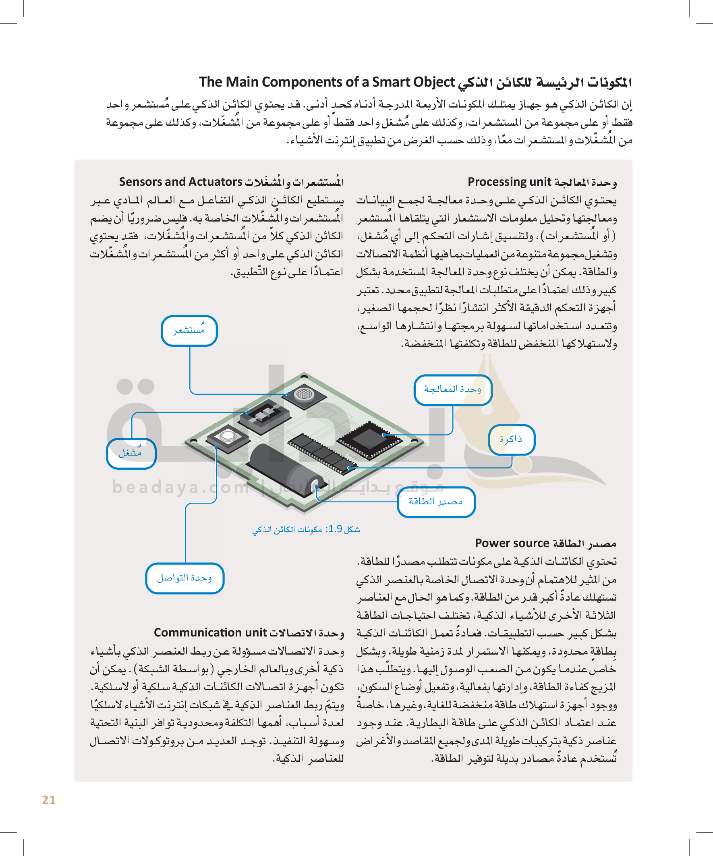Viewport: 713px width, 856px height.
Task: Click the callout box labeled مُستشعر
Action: pyautogui.click(x=189, y=331)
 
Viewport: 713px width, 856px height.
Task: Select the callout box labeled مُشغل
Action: pyautogui.click(x=131, y=453)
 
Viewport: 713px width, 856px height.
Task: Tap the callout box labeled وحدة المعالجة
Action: pyautogui.click(x=452, y=390)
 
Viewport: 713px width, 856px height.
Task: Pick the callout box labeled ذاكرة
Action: pyautogui.click(x=511, y=439)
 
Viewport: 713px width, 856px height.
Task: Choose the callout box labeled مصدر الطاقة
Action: pyautogui.click(x=436, y=502)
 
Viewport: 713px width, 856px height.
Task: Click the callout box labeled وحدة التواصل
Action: pyautogui.click(x=184, y=578)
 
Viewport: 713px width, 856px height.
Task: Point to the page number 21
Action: pyautogui.click(x=49, y=800)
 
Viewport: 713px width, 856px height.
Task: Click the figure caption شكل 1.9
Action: pyautogui.click(x=306, y=529)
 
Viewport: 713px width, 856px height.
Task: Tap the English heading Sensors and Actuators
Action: pyautogui.click(x=180, y=182)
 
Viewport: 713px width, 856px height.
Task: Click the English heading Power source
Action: pyautogui.click(x=512, y=543)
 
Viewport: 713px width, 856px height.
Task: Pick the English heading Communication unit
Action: pyautogui.click(x=210, y=632)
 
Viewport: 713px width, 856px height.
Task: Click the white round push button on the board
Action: pyautogui.click(x=228, y=437)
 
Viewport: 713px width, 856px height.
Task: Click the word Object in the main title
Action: pyautogui.click(x=434, y=82)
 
